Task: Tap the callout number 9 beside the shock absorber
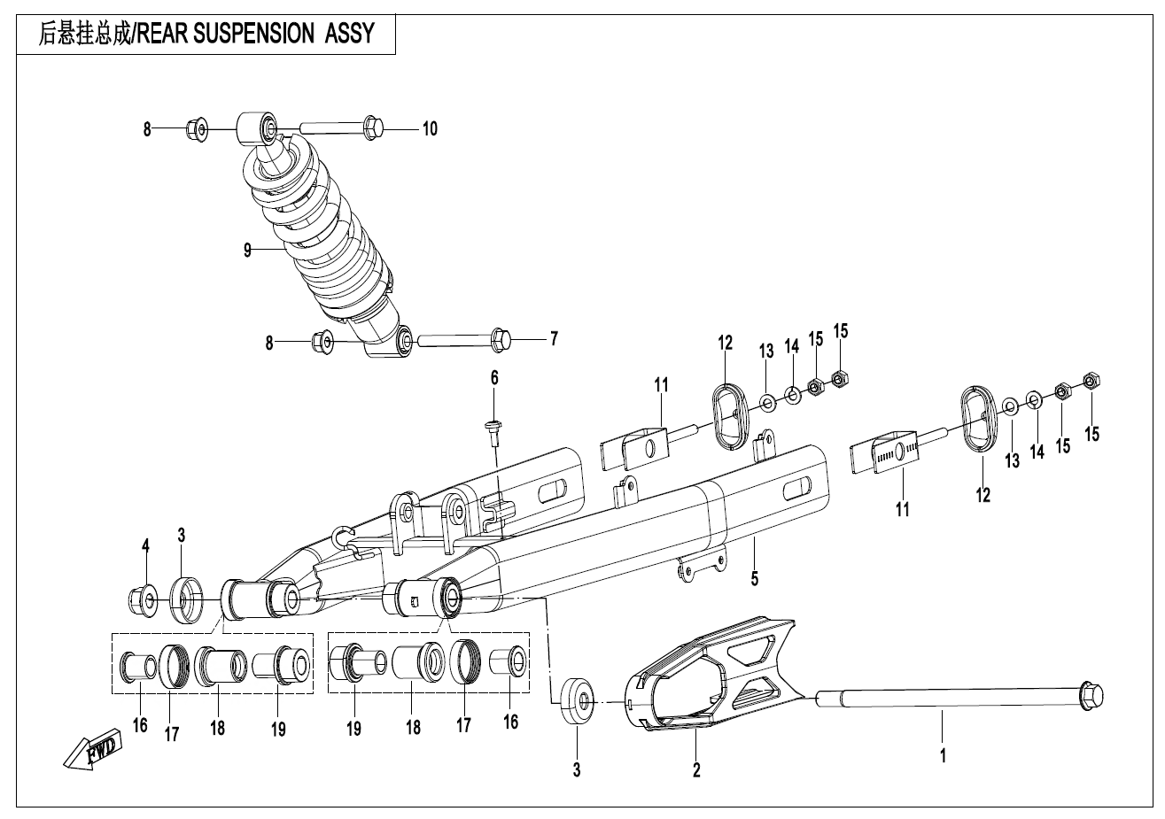(249, 251)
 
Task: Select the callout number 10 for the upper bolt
(429, 129)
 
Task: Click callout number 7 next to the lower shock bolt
(554, 338)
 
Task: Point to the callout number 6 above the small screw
(494, 378)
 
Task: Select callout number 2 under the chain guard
(696, 770)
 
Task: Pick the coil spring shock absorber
(323, 239)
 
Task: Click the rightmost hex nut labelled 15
(1091, 382)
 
